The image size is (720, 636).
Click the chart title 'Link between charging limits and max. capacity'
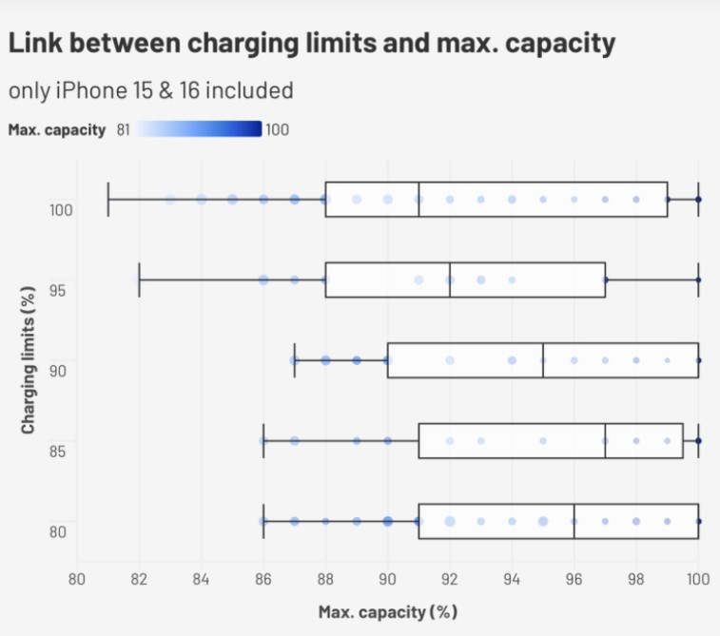311,44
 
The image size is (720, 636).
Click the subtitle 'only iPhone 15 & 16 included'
150,90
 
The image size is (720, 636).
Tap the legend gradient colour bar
198,129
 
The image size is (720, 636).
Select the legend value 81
124,129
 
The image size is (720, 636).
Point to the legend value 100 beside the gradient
277,129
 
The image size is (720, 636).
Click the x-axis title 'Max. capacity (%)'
387,610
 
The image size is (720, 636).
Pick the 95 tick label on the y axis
58,289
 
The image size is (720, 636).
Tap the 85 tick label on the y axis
58,450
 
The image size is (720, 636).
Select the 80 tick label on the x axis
77,578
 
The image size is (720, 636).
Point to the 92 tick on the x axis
450,578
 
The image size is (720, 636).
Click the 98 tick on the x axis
636,578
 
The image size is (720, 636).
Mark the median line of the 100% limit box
418,200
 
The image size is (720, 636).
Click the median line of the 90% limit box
543,360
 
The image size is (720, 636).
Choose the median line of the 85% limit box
605,441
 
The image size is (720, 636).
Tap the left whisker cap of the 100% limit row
108,200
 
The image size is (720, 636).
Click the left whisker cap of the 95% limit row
140,279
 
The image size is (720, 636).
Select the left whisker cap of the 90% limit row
295,360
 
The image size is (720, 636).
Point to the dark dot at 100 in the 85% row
698,441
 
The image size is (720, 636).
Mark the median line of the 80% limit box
574,521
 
